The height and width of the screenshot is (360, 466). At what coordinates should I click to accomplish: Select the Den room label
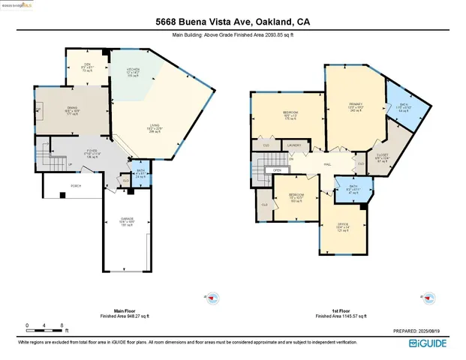[87, 66]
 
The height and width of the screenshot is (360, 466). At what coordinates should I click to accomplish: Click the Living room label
[155, 127]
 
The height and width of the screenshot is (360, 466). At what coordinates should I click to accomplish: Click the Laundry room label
[294, 145]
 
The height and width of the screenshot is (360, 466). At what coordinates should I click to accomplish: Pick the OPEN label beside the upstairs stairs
[277, 170]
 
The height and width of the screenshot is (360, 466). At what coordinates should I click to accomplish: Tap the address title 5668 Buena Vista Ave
[232, 22]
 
